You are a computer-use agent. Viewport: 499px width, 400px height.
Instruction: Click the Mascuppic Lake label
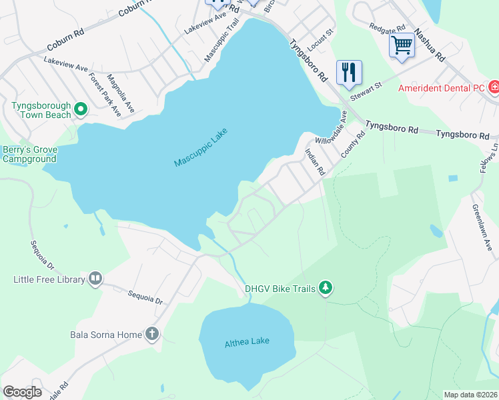(201, 147)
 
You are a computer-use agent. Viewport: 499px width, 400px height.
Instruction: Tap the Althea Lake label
(247, 341)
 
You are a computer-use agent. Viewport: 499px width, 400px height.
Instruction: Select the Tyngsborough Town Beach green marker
(81, 108)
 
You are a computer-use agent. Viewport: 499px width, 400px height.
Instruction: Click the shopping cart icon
(402, 45)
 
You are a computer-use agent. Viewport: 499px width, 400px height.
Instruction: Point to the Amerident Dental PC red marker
(494, 87)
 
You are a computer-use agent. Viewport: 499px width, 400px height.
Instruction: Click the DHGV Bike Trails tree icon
(326, 288)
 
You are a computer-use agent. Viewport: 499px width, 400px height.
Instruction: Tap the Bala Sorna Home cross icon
(152, 334)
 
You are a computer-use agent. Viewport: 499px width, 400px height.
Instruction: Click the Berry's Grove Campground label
(29, 155)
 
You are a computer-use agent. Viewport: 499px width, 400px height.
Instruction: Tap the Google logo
(22, 392)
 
